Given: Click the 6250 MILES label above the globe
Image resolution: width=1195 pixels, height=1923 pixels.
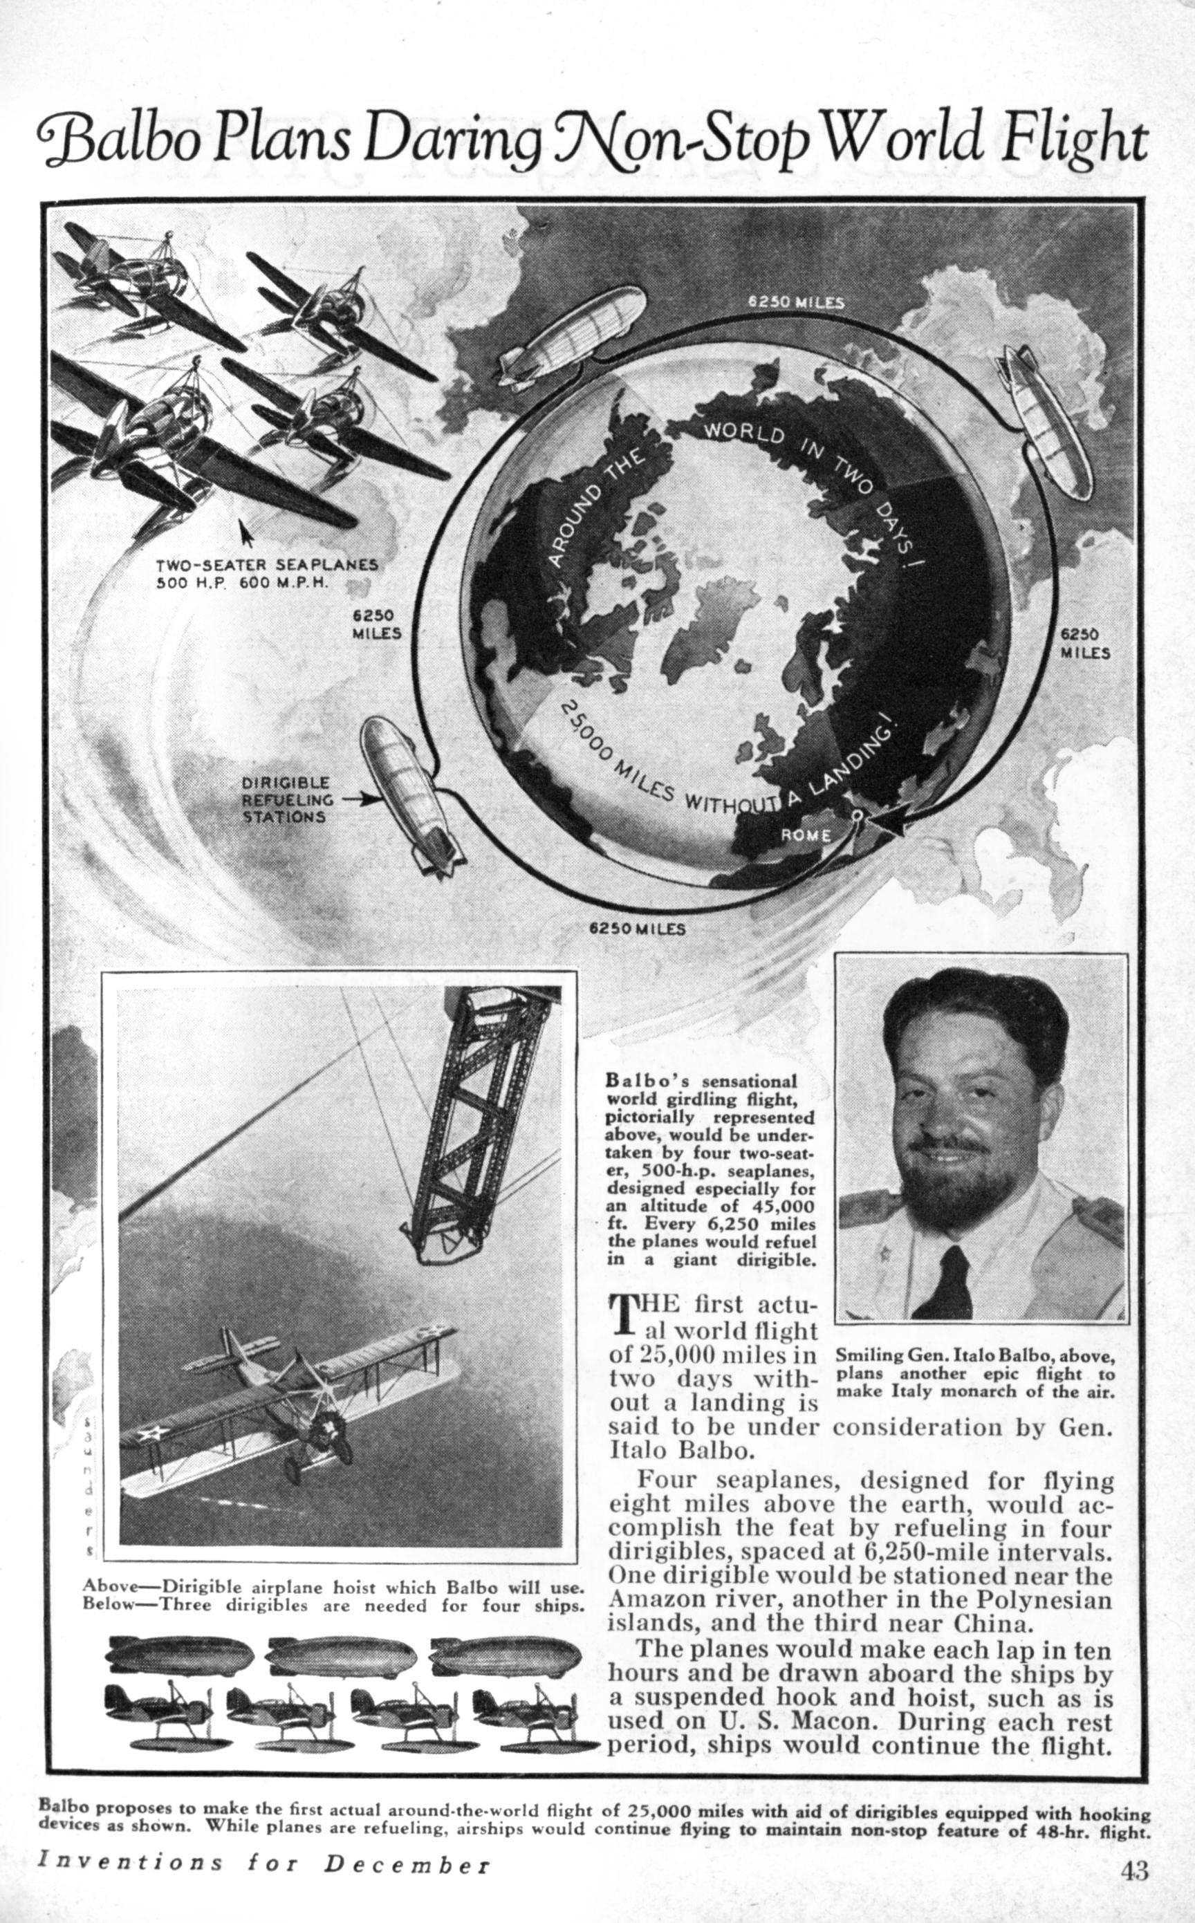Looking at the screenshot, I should (x=797, y=301).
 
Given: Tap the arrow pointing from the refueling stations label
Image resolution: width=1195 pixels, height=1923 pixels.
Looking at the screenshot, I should (x=358, y=799).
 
